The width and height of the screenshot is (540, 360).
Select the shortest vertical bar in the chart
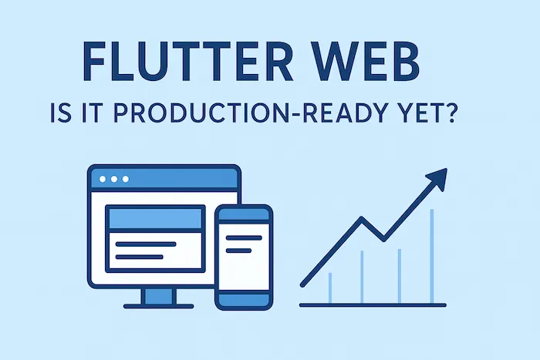pos(330,288)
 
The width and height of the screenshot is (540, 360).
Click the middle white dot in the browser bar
pos(115,179)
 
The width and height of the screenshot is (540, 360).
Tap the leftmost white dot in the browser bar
pos(103,179)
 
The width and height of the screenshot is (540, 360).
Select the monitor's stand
pos(159,296)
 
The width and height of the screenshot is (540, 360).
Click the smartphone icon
pos(243,257)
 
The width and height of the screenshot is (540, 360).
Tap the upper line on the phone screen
pos(243,236)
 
